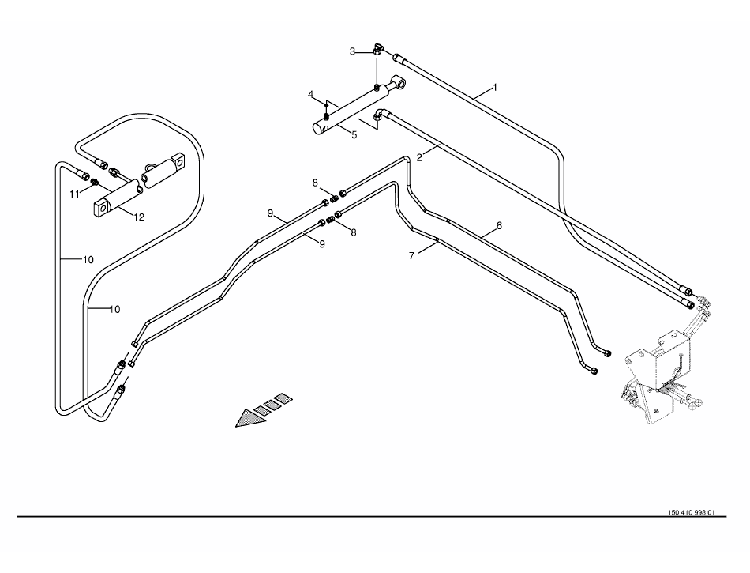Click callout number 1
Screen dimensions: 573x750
(495, 86)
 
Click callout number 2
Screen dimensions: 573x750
(420, 157)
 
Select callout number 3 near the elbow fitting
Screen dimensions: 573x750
(353, 51)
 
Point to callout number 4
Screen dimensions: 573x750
(311, 96)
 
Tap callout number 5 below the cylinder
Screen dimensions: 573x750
(354, 135)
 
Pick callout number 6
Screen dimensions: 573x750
(499, 225)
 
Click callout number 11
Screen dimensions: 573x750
(73, 194)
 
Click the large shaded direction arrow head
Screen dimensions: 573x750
(247, 419)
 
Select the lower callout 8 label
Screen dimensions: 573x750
(353, 232)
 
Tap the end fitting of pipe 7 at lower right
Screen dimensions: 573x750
(594, 371)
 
